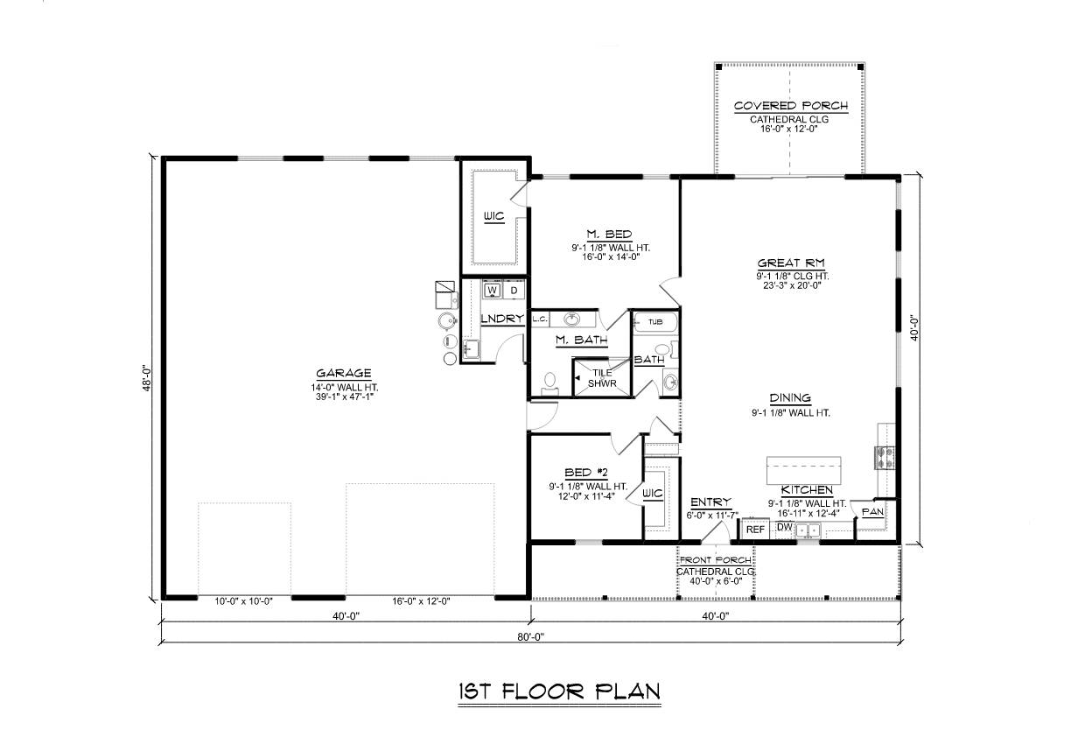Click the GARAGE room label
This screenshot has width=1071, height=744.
343,373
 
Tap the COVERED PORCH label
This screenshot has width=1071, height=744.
791,106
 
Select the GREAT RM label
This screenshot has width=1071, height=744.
791,263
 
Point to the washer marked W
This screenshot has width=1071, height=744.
493,291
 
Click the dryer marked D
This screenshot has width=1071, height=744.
514,291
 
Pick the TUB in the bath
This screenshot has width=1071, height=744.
655,322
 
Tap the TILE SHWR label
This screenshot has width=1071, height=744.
602,378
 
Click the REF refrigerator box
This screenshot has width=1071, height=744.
755,530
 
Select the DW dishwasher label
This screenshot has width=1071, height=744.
784,527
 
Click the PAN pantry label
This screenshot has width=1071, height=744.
872,512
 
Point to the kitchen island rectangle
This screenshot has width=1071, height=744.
804,471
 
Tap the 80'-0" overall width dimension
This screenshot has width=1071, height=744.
531,637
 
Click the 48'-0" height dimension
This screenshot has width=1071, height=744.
147,379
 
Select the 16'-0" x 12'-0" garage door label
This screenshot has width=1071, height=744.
421,601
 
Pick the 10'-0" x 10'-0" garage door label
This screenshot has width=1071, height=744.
243,601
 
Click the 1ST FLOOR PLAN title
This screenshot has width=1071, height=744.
559,691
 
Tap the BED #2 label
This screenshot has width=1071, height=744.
586,473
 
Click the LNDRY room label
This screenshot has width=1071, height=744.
502,319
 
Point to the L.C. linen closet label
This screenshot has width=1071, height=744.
540,319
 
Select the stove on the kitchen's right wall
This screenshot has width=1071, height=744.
885,458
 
